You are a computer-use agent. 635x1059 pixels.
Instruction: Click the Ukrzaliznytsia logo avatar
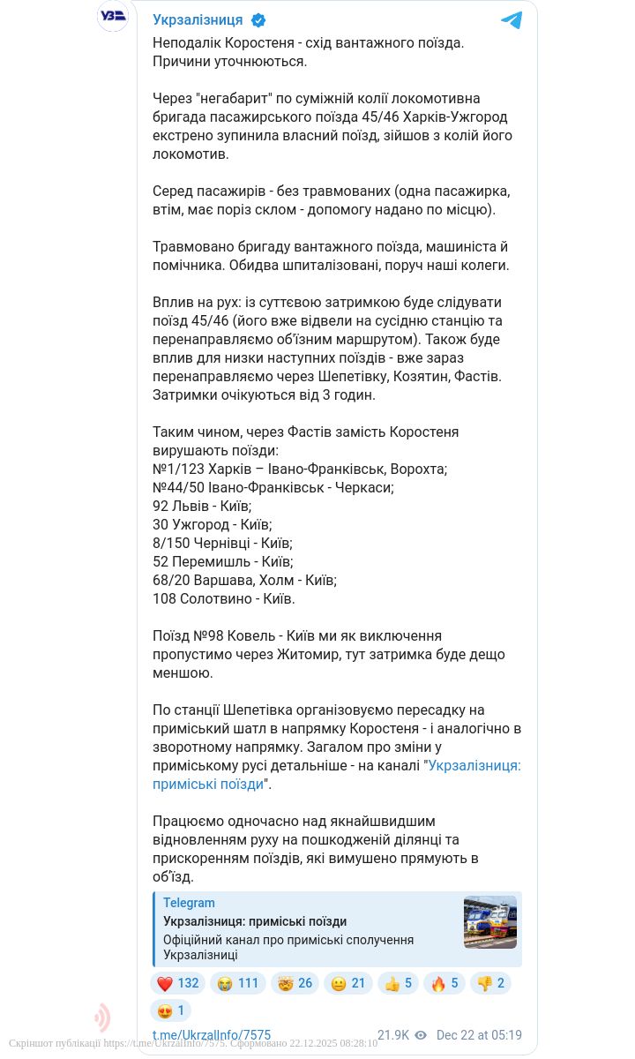click(113, 16)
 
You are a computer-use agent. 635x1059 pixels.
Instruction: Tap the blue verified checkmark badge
click(259, 20)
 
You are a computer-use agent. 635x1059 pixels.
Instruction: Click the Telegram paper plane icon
click(512, 20)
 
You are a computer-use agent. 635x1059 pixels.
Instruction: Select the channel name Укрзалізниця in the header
click(198, 20)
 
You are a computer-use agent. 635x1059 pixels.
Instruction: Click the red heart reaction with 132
click(177, 983)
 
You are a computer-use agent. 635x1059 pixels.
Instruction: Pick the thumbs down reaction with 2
click(489, 983)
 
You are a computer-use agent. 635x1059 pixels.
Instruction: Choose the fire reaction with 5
click(444, 983)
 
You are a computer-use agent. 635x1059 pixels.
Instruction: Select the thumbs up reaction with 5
click(397, 983)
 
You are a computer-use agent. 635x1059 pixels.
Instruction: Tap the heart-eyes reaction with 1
click(169, 1010)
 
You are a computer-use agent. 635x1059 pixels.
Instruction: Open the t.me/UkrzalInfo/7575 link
click(212, 1035)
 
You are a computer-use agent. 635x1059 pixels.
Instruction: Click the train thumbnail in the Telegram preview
click(490, 922)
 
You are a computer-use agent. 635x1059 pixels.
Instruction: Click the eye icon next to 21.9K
click(421, 1035)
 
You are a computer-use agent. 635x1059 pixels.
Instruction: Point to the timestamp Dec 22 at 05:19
click(479, 1035)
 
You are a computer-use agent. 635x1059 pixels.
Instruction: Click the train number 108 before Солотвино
click(164, 598)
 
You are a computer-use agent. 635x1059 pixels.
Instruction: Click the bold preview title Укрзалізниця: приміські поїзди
click(255, 921)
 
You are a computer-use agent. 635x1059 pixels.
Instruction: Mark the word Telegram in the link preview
click(189, 903)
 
